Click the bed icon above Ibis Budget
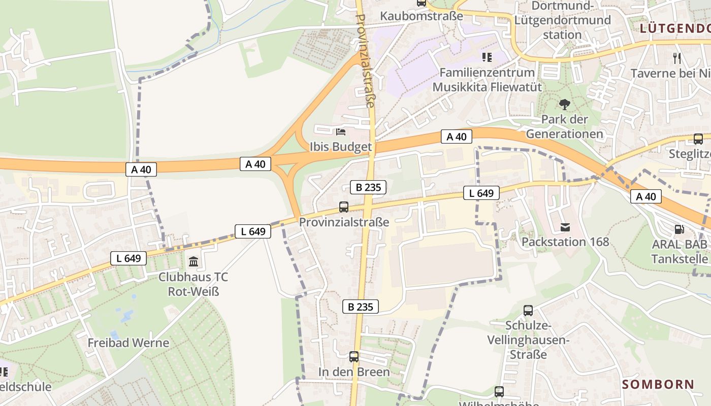[x=341, y=132]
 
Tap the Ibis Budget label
[x=341, y=147]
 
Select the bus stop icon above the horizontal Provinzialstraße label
[x=344, y=207]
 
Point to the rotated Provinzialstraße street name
[x=366, y=60]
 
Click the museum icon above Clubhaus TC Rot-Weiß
[x=193, y=262]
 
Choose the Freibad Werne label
[x=128, y=343]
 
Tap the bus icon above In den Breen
[x=354, y=357]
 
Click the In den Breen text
[x=354, y=372]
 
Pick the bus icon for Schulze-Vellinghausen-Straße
[x=528, y=310]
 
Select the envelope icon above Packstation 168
[x=565, y=227]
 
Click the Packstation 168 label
[x=565, y=242]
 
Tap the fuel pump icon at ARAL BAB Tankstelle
[x=679, y=229]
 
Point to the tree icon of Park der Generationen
[x=564, y=105]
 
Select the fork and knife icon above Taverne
[x=676, y=58]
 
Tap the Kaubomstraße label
[x=422, y=16]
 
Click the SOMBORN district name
[x=658, y=384]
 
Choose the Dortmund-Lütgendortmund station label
[x=562, y=20]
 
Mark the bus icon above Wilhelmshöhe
[x=499, y=391]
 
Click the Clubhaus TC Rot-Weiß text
[x=193, y=284]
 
